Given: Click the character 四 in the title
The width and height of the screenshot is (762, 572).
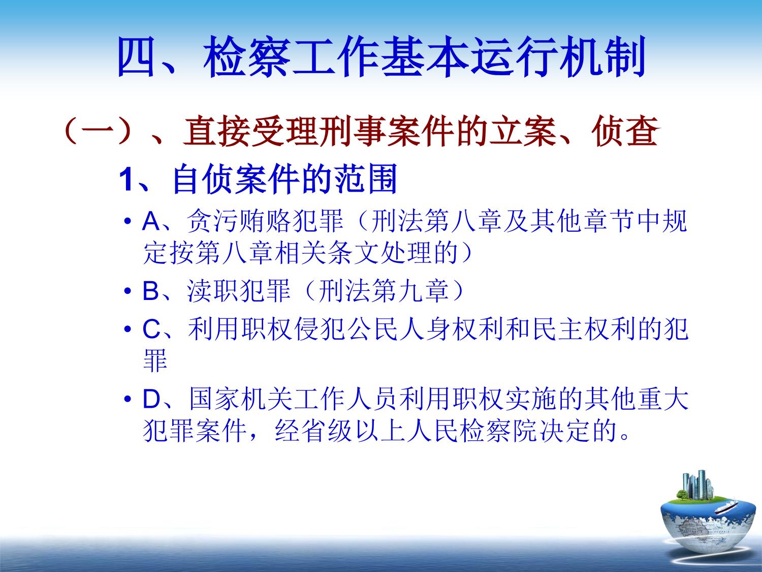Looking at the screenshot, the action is click(x=136, y=57).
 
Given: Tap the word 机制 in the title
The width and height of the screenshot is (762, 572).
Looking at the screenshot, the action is click(x=602, y=57).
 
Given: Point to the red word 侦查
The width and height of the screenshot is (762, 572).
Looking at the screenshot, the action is click(x=625, y=131).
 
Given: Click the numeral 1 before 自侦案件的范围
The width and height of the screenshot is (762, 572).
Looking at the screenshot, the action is click(x=125, y=180).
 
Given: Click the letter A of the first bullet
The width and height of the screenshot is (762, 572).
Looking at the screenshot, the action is click(x=151, y=221).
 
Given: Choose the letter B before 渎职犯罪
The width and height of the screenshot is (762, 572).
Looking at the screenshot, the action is click(x=151, y=291).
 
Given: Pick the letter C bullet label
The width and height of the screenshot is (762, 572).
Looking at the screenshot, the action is click(x=151, y=329).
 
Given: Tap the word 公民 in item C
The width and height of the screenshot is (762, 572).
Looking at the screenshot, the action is click(x=371, y=329).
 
